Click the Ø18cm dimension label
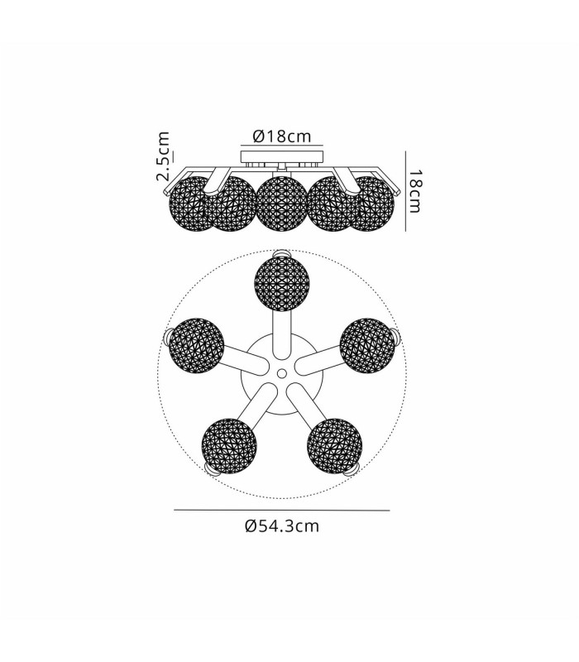click(x=281, y=137)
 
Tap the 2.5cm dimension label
click(x=163, y=156)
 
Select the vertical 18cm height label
click(x=415, y=191)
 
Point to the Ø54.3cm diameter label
click(x=282, y=526)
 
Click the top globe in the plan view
click(x=282, y=284)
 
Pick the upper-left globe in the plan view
click(x=196, y=345)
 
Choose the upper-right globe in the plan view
click(x=367, y=345)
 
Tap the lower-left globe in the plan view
click(x=229, y=446)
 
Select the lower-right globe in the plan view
click(x=335, y=446)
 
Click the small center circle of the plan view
click(x=282, y=374)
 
